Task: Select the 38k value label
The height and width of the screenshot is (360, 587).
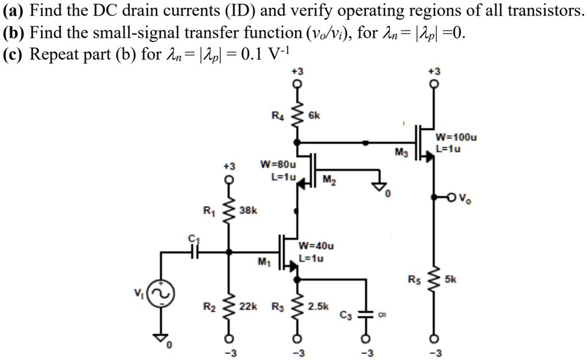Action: tap(248, 210)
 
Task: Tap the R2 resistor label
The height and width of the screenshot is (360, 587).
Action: tap(208, 307)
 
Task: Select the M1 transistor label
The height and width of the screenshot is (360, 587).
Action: tap(263, 261)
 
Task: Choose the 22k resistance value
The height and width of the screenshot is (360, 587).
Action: tap(248, 307)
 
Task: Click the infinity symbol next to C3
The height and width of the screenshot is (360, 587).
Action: tap(380, 314)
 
